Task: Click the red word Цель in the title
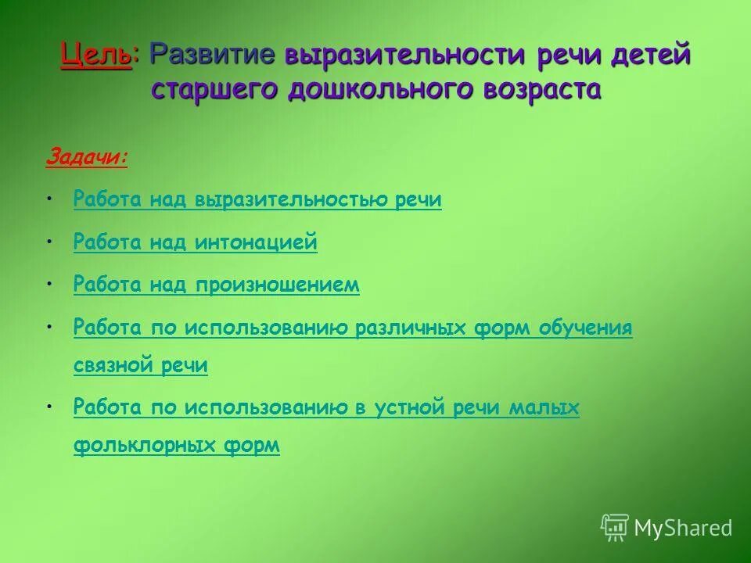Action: [95, 56]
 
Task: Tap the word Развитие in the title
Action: [213, 56]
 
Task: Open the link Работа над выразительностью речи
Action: [257, 200]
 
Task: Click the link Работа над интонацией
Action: [195, 242]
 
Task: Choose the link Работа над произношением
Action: [216, 285]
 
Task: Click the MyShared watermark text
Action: [683, 528]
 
